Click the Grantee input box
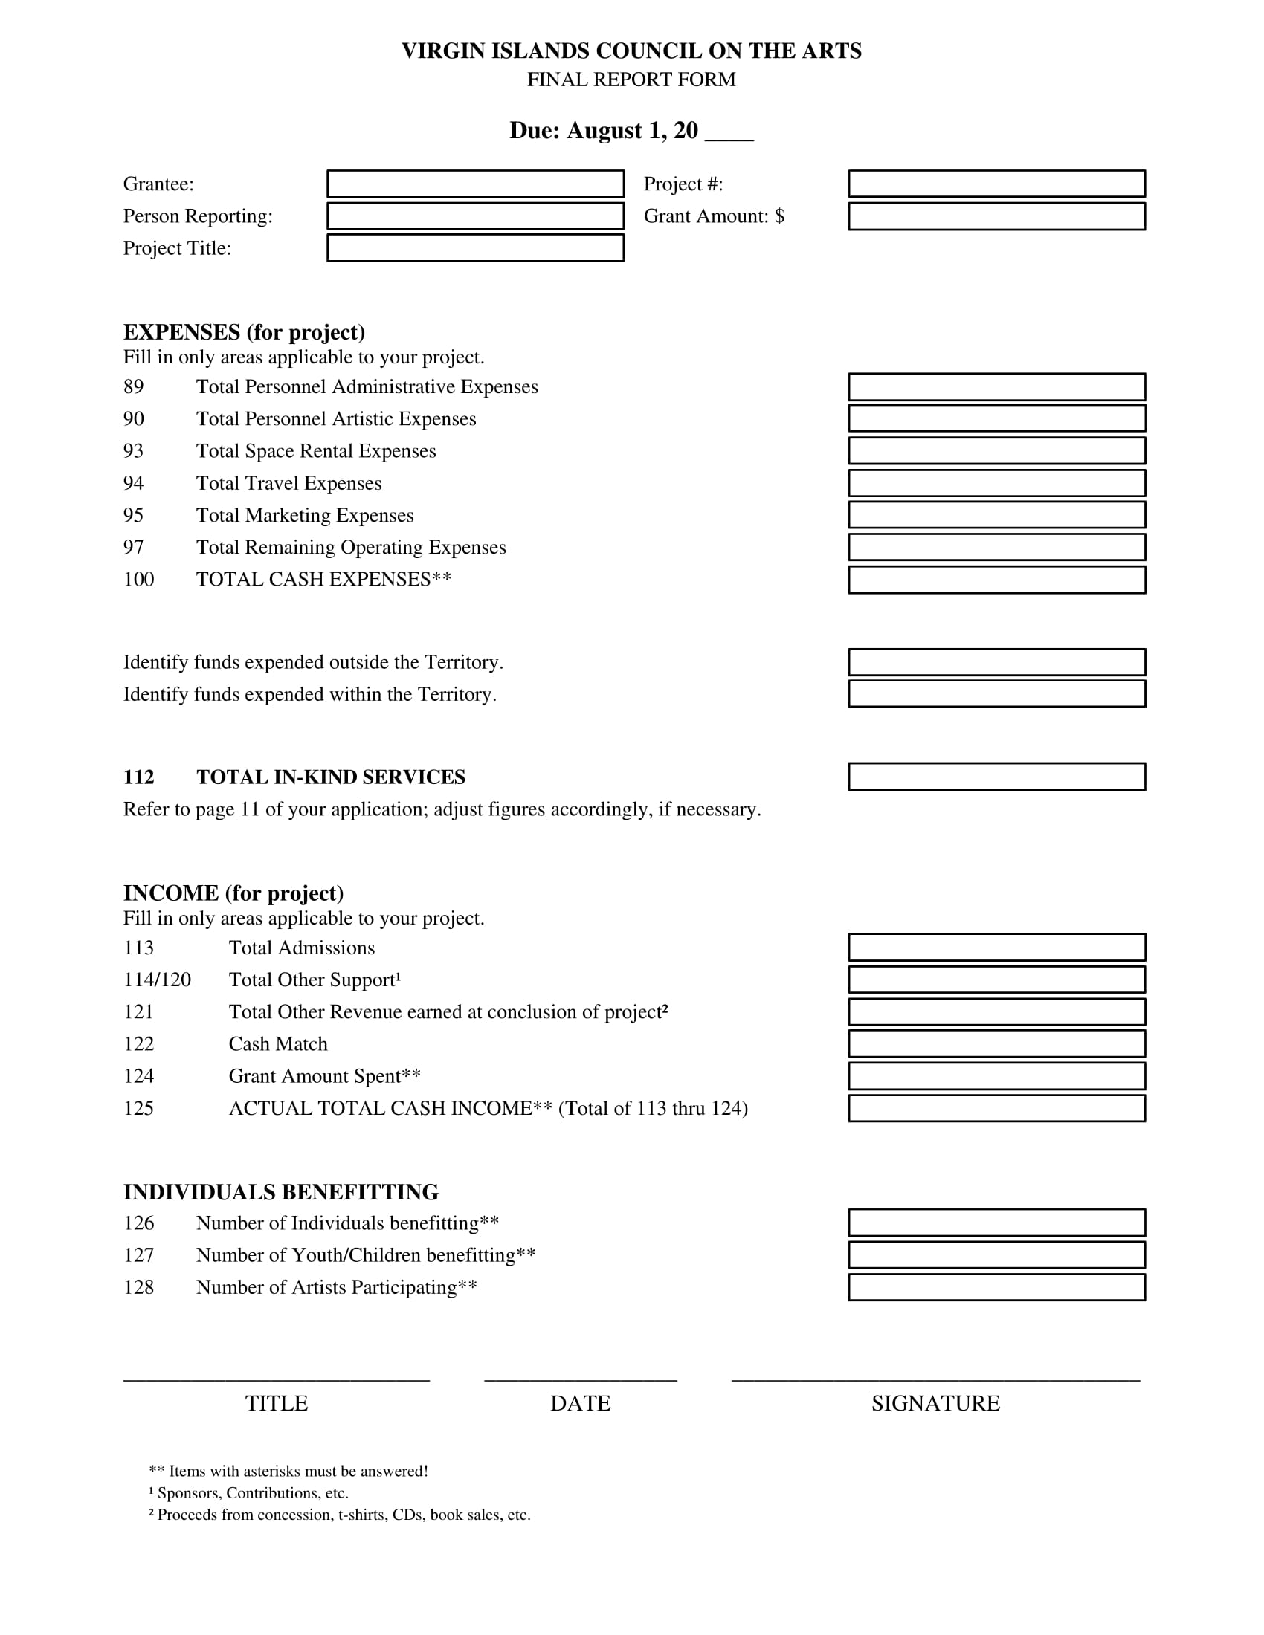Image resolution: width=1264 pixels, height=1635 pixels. tap(475, 184)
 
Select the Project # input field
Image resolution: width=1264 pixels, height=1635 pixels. tap(996, 184)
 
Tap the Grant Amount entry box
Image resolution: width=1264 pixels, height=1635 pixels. tap(996, 216)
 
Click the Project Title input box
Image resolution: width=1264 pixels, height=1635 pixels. tap(475, 248)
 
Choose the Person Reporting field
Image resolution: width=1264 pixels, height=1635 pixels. tap(475, 216)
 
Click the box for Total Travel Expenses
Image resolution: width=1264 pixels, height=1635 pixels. tap(996, 484)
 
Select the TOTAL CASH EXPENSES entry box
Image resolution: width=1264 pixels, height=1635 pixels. tap(996, 580)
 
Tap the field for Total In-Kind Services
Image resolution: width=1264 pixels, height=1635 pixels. tap(996, 777)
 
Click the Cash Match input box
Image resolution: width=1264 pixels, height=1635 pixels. tap(996, 1044)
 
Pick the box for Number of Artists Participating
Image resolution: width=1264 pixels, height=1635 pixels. tap(996, 1288)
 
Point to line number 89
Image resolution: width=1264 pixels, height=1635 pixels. tap(133, 387)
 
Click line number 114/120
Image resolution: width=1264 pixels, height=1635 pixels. tap(157, 980)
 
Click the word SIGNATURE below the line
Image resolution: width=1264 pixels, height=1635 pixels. tap(935, 1404)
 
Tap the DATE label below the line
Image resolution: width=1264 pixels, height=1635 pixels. tap(581, 1404)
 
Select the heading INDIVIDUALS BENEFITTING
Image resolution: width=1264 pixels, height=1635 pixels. tap(281, 1192)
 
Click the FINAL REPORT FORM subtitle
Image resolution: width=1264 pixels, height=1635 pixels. tap(631, 80)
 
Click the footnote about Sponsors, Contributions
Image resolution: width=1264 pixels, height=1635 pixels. tap(248, 1493)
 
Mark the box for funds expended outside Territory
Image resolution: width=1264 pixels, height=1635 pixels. tap(996, 662)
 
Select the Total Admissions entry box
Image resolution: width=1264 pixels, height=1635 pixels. tap(996, 948)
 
